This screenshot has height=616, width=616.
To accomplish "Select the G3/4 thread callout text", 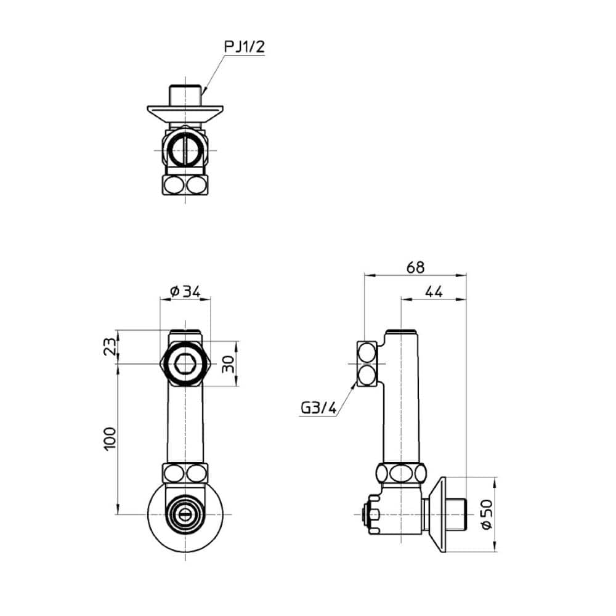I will [x=318, y=408].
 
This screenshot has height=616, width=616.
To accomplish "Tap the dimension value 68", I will [x=415, y=267].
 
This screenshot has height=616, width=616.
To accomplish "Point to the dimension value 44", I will [x=434, y=292].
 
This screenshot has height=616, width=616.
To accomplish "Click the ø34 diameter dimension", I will [x=185, y=291].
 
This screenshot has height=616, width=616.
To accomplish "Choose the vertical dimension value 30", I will [x=229, y=364].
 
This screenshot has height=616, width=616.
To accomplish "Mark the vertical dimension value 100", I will [x=109, y=439].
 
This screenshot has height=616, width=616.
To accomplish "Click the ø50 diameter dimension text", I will [x=486, y=514].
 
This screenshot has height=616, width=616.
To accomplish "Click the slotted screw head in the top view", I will [x=185, y=150].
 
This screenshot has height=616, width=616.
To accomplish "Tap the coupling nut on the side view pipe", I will [x=402, y=474].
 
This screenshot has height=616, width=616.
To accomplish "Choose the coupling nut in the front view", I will [x=185, y=474].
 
